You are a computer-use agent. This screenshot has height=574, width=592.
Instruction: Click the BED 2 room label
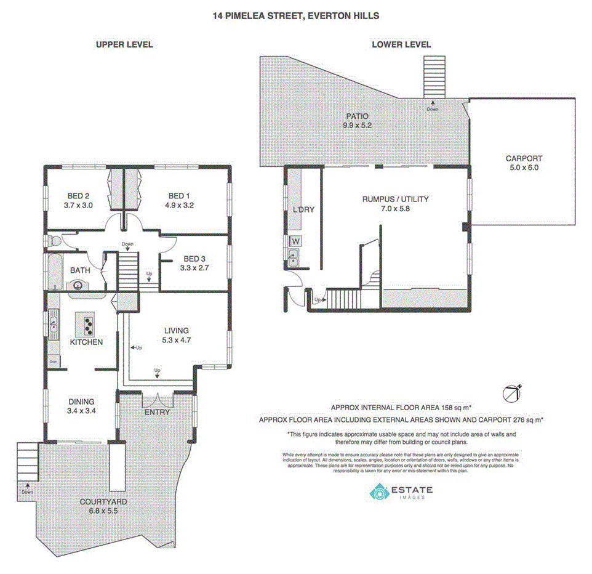[x=78, y=196]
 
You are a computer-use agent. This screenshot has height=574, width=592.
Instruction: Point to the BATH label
[x=80, y=270]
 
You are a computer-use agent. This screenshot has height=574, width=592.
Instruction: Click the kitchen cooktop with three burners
[x=85, y=323]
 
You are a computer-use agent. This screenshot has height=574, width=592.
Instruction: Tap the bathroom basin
[x=78, y=285]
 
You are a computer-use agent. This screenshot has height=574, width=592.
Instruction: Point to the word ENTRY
[x=157, y=412]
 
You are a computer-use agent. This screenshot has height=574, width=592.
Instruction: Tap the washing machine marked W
[x=295, y=241]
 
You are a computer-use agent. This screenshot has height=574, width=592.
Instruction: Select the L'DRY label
[x=303, y=209]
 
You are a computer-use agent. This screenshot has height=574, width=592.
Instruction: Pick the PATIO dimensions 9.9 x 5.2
[x=358, y=125]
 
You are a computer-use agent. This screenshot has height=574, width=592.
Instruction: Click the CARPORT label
[x=524, y=158]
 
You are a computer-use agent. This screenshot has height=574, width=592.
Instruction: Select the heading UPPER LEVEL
[x=124, y=45]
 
